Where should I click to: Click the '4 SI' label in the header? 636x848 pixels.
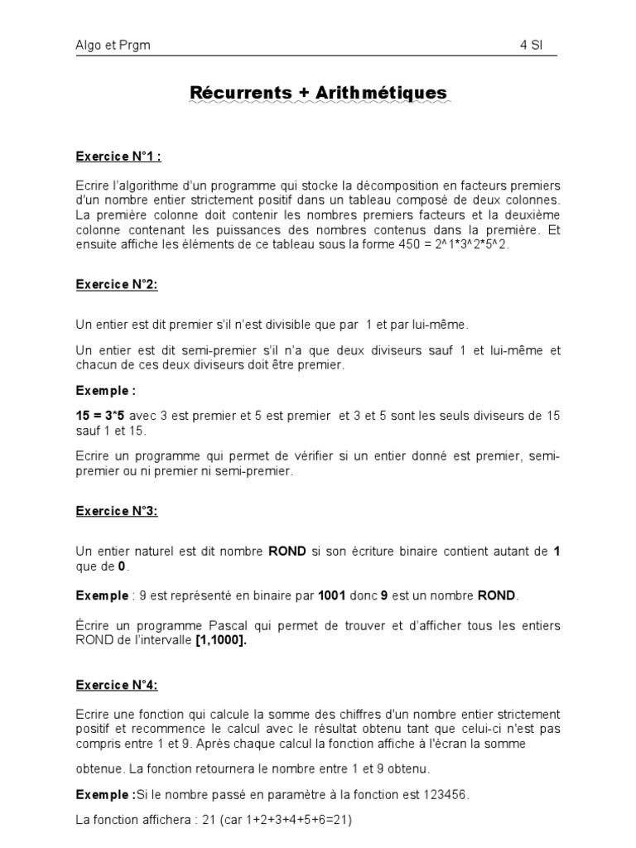tap(531, 47)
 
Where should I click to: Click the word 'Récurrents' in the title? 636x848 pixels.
tap(241, 93)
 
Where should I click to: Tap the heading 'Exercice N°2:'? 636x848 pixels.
tap(117, 284)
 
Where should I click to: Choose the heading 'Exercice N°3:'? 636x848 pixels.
tap(117, 511)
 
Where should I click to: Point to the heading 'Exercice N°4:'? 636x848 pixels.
tap(117, 685)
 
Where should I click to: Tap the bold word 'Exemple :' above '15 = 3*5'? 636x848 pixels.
tap(104, 390)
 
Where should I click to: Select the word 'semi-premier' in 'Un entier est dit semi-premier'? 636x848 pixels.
tap(193, 351)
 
